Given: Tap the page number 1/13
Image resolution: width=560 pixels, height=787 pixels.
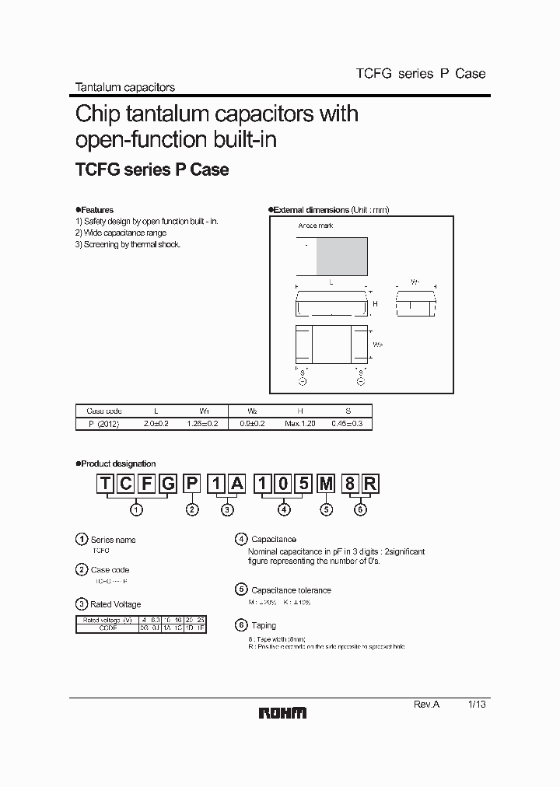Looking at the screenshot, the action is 477,703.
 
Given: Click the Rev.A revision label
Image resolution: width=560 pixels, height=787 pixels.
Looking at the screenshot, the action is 426,703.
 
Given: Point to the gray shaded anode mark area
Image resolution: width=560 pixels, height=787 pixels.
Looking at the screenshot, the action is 341,257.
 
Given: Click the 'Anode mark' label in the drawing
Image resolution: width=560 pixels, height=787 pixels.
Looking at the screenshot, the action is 316,226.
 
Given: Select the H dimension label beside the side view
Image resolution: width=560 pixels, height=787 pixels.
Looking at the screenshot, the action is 374,303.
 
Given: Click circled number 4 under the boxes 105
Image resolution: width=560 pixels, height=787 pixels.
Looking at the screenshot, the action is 285,509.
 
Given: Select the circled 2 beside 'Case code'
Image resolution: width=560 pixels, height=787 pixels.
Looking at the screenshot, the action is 82,570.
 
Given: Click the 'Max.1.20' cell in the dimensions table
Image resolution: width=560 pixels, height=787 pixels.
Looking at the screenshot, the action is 301,423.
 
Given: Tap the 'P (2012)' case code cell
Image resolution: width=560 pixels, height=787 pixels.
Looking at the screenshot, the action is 98,423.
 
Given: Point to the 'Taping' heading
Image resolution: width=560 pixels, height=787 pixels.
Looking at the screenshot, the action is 264,625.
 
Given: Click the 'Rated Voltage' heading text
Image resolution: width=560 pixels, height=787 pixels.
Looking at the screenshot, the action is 116,604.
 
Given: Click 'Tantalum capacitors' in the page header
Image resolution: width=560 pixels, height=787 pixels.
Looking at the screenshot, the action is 124,88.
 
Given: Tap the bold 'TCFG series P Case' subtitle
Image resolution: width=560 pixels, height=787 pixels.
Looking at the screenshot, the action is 152,170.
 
